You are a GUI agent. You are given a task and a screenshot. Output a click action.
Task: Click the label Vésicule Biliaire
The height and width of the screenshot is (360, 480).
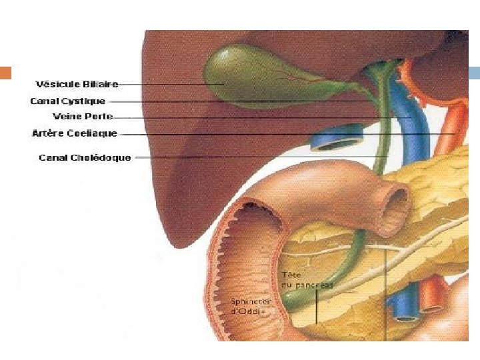click(x=77, y=84)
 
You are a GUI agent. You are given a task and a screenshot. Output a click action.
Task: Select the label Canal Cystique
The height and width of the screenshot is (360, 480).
click(x=67, y=101)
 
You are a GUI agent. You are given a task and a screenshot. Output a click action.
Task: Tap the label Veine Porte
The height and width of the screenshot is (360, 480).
click(x=83, y=117)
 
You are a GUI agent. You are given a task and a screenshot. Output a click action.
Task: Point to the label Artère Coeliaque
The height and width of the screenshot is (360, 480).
click(x=74, y=133)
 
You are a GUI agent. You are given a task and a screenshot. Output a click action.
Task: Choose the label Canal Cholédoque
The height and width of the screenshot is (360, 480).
click(x=85, y=158)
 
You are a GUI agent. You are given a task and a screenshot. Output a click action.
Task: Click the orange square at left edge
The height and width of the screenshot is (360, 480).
click(x=6, y=73)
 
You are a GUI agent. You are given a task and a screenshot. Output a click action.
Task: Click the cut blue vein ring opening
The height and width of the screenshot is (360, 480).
click(x=337, y=141)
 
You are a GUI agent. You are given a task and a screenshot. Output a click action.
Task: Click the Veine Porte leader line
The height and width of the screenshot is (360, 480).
click(x=260, y=118)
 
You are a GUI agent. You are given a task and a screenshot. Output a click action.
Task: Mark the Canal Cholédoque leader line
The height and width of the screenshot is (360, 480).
click(x=260, y=157)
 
